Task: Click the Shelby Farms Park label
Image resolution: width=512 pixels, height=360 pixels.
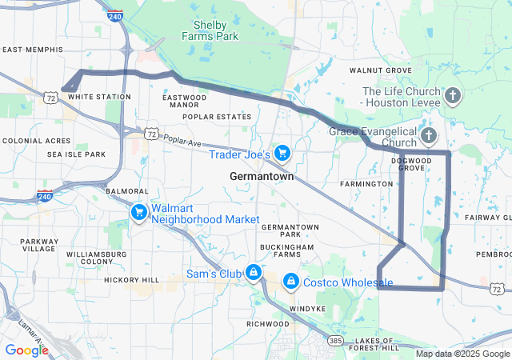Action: [210, 30]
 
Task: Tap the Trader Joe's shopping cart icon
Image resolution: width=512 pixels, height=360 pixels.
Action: [282, 152]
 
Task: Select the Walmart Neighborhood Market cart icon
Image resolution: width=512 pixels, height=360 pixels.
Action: [139, 212]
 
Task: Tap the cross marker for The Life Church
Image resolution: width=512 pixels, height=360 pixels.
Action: [452, 98]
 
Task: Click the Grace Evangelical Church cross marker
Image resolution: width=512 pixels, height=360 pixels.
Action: [429, 136]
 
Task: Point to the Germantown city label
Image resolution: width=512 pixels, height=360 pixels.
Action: [262, 176]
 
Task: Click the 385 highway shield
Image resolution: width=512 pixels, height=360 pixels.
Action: [336, 340]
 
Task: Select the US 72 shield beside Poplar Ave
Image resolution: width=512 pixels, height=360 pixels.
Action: [150, 133]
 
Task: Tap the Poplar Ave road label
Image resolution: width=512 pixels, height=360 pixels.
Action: [183, 141]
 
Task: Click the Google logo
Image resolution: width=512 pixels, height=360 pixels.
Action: [26, 350]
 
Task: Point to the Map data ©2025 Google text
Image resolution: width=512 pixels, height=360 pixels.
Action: [462, 354]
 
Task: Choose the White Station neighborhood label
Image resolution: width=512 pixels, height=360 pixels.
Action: [99, 97]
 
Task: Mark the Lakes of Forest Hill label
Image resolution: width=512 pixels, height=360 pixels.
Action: [368, 344]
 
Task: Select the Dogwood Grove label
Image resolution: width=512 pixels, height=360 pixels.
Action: [411, 164]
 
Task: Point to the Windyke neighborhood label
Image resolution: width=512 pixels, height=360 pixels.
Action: [308, 308]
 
